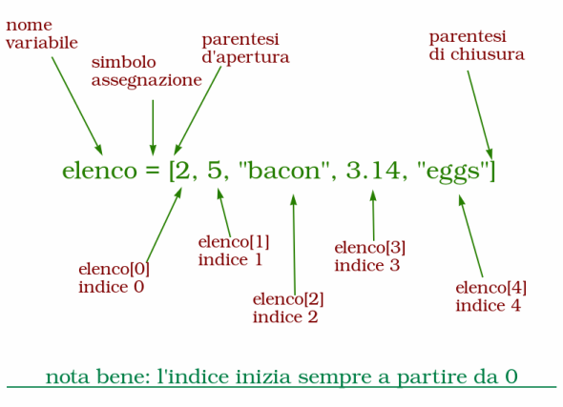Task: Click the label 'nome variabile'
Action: (42, 34)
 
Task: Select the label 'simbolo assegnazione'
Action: (147, 71)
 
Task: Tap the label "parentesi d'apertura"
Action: (245, 49)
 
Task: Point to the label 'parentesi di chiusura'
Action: (477, 46)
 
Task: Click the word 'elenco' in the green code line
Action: (99, 171)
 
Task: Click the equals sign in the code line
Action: (153, 171)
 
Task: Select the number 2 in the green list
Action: (182, 170)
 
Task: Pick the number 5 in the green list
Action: (215, 170)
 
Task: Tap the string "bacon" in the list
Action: (284, 170)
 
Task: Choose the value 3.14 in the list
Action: (373, 170)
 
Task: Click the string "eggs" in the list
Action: (453, 173)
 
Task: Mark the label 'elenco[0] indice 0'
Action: (114, 278)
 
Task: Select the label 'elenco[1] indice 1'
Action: (234, 251)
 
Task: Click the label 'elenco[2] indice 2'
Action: (288, 308)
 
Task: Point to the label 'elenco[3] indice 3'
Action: (370, 256)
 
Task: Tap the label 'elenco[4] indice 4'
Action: (490, 296)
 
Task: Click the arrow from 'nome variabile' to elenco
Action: (77, 106)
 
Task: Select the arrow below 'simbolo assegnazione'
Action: (153, 128)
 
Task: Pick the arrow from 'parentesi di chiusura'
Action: (480, 114)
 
